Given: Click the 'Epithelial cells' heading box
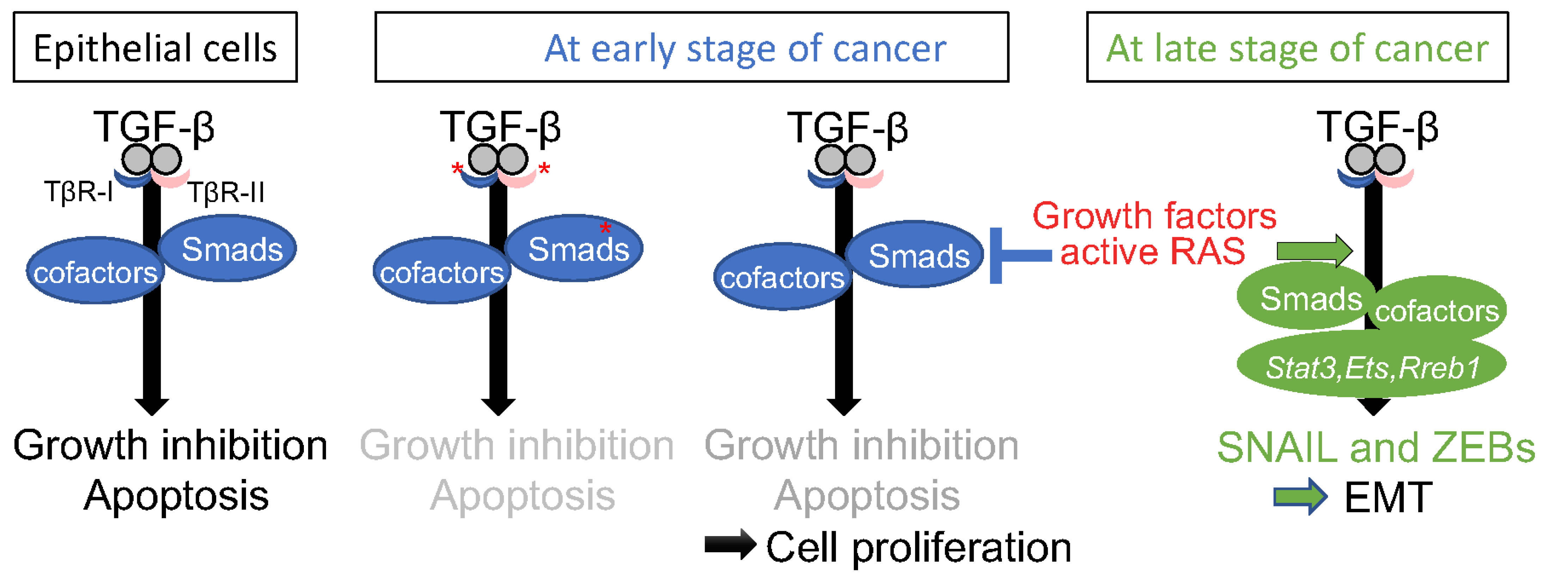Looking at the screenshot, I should pyautogui.click(x=155, y=47).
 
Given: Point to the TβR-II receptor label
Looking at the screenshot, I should pyautogui.click(x=226, y=193).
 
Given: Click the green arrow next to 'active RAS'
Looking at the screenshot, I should pyautogui.click(x=1314, y=251).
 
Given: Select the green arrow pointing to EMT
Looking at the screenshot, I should pyautogui.click(x=1300, y=497).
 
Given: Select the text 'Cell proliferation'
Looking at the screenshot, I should pyautogui.click(x=918, y=547).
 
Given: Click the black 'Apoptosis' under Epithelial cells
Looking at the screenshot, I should pyautogui.click(x=176, y=496).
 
